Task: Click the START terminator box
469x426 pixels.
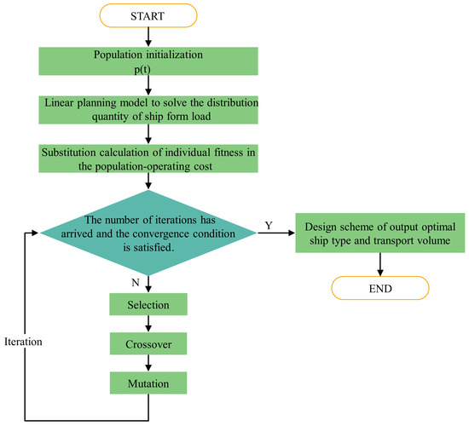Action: pyautogui.click(x=149, y=15)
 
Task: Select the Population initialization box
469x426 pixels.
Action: pyautogui.click(x=149, y=60)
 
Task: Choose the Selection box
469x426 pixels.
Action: pyautogui.click(x=149, y=304)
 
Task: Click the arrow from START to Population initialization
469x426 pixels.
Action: pyautogui.click(x=149, y=36)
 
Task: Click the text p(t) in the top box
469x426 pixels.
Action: pyautogui.click(x=149, y=67)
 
